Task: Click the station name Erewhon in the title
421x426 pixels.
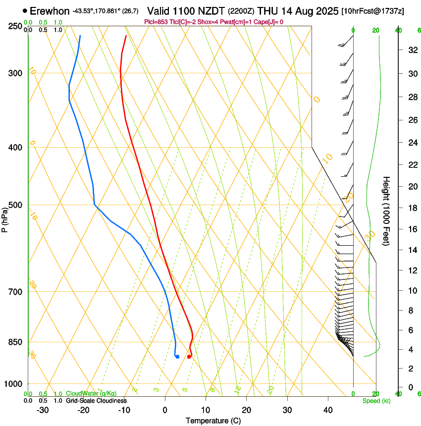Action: pos(50,11)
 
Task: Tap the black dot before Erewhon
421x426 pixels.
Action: pos(25,10)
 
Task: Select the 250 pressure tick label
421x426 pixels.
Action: pos(14,26)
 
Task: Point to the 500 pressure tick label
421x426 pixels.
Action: pos(14,205)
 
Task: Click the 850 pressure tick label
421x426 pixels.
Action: pos(14,342)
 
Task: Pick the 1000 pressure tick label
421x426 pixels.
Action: pos(13,384)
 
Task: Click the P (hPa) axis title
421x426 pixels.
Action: pos(5,217)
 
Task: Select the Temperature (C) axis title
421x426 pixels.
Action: pos(213,421)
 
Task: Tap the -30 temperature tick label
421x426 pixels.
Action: pos(43,410)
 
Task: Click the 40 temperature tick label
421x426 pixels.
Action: pos(327,410)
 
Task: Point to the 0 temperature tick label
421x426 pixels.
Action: pos(165,410)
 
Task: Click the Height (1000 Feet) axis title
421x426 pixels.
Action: pos(386,211)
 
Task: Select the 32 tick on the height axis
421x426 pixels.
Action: pos(412,50)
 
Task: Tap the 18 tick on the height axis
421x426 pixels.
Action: pos(412,208)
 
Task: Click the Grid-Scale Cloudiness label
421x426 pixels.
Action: pos(96,401)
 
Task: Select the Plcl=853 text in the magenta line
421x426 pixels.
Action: pos(155,22)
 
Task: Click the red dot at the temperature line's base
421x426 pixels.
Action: pos(189,357)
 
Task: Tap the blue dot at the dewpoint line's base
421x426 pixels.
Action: pos(177,357)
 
